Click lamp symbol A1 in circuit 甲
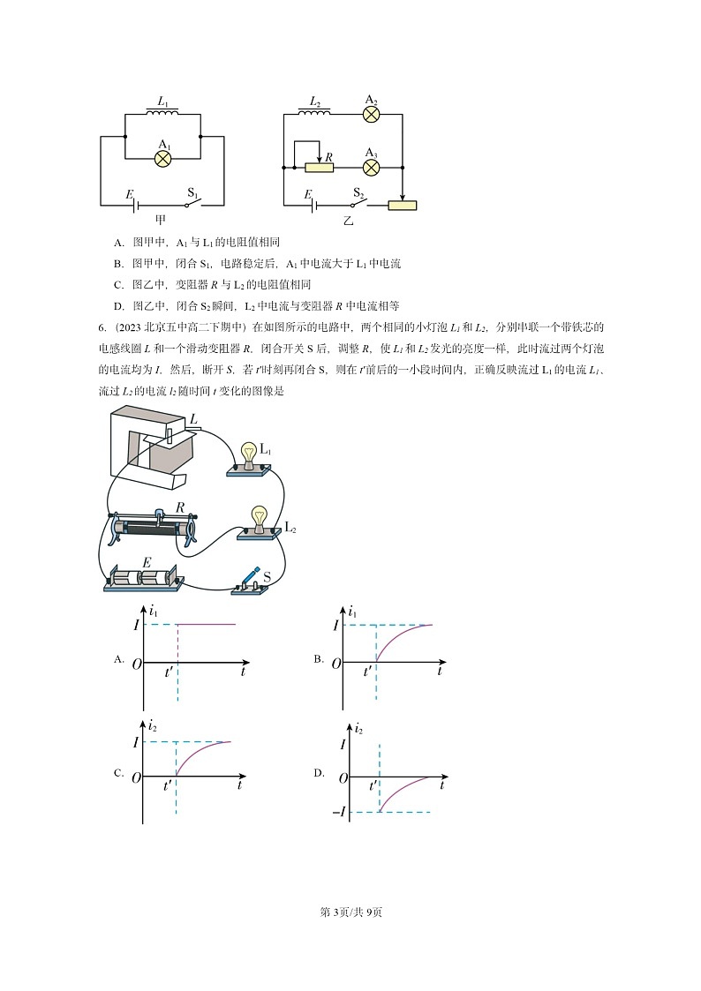(x=163, y=158)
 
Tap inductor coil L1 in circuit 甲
(x=163, y=113)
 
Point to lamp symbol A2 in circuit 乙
(x=372, y=114)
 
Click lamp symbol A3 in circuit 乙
(x=372, y=166)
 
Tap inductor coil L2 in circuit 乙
(x=315, y=113)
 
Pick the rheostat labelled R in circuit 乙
(x=319, y=167)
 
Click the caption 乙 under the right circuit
(x=349, y=221)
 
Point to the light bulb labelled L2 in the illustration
(x=260, y=519)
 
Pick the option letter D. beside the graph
(x=320, y=773)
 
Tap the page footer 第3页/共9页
(x=350, y=912)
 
